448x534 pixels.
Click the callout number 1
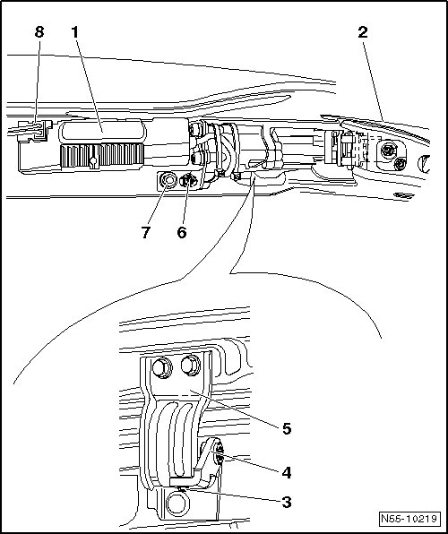pyautogui.click(x=75, y=32)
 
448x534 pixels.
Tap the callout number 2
pyautogui.click(x=363, y=32)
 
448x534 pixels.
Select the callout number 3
pyautogui.click(x=287, y=502)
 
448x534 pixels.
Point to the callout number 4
pyautogui.click(x=287, y=473)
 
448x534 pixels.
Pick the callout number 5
pyautogui.click(x=287, y=429)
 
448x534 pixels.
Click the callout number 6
pyautogui.click(x=182, y=233)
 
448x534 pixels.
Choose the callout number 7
pyautogui.click(x=146, y=233)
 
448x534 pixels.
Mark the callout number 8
pyautogui.click(x=39, y=32)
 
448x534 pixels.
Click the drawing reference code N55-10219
pyautogui.click(x=409, y=519)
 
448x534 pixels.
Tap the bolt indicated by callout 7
pyautogui.click(x=168, y=180)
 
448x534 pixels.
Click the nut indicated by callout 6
pyautogui.click(x=188, y=180)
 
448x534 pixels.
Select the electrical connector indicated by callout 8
pyautogui.click(x=34, y=131)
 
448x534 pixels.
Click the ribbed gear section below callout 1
pyautogui.click(x=101, y=156)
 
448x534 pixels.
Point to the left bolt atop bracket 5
pyautogui.click(x=162, y=368)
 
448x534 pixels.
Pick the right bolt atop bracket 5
pyautogui.click(x=190, y=366)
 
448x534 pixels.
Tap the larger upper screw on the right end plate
pyautogui.click(x=388, y=151)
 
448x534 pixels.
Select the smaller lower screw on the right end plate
pyautogui.click(x=400, y=165)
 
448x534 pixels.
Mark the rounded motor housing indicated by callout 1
pyautogui.click(x=101, y=131)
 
